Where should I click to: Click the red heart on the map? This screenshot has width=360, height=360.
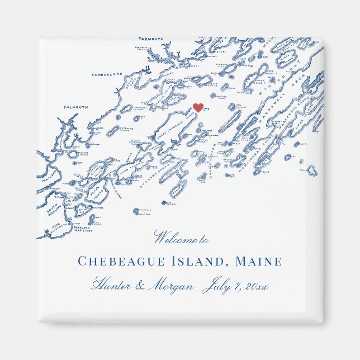[198, 107]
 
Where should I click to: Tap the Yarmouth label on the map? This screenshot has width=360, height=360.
[150, 39]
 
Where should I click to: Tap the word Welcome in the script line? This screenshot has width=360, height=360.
[174, 239]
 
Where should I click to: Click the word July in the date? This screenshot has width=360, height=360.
[217, 286]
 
